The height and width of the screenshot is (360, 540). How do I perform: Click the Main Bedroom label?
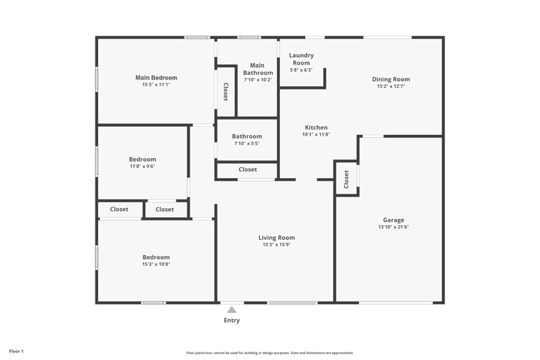point(157,77)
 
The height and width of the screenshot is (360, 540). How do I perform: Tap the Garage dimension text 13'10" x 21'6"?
point(393,227)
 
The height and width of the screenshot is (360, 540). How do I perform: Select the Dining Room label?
point(391,79)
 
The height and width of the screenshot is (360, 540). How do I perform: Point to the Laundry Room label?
point(301,59)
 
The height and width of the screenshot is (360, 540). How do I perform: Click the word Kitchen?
point(316,127)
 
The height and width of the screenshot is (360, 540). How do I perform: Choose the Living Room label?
point(276,237)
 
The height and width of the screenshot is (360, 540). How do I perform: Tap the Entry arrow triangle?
point(231,309)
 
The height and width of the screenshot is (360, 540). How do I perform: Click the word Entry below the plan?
point(231,320)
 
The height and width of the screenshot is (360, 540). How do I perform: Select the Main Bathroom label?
point(258,69)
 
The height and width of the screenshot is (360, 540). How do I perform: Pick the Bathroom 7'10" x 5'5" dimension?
point(246,143)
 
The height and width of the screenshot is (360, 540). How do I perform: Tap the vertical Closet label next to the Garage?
point(346,179)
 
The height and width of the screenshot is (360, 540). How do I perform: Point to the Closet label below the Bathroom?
point(248,170)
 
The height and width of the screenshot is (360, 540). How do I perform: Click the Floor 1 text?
point(16,351)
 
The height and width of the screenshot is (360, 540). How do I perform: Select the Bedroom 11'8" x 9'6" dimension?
point(143,166)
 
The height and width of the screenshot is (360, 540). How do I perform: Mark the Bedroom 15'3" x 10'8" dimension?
point(156,264)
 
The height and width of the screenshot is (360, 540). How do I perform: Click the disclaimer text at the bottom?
point(270,352)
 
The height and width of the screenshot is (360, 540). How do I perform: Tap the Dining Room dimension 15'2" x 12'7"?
point(391,86)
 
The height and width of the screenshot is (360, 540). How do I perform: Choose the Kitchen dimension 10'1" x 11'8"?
point(316,134)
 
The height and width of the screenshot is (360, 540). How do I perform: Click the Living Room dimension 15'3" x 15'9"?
point(276,245)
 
